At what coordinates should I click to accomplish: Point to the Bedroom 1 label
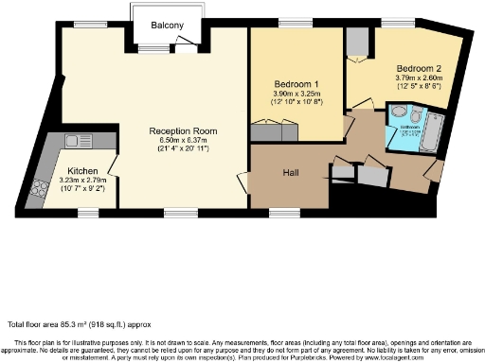pos(296,84)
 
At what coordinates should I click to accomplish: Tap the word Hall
pos(292,173)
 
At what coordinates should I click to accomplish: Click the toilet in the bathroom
pos(396,141)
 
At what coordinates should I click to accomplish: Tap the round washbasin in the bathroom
pos(397,111)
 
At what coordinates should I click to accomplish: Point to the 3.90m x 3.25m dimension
pos(296,95)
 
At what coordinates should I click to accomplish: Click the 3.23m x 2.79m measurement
pos(81,179)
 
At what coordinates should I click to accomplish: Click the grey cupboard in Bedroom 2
pos(358,43)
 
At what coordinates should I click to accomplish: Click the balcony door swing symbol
pos(189,41)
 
